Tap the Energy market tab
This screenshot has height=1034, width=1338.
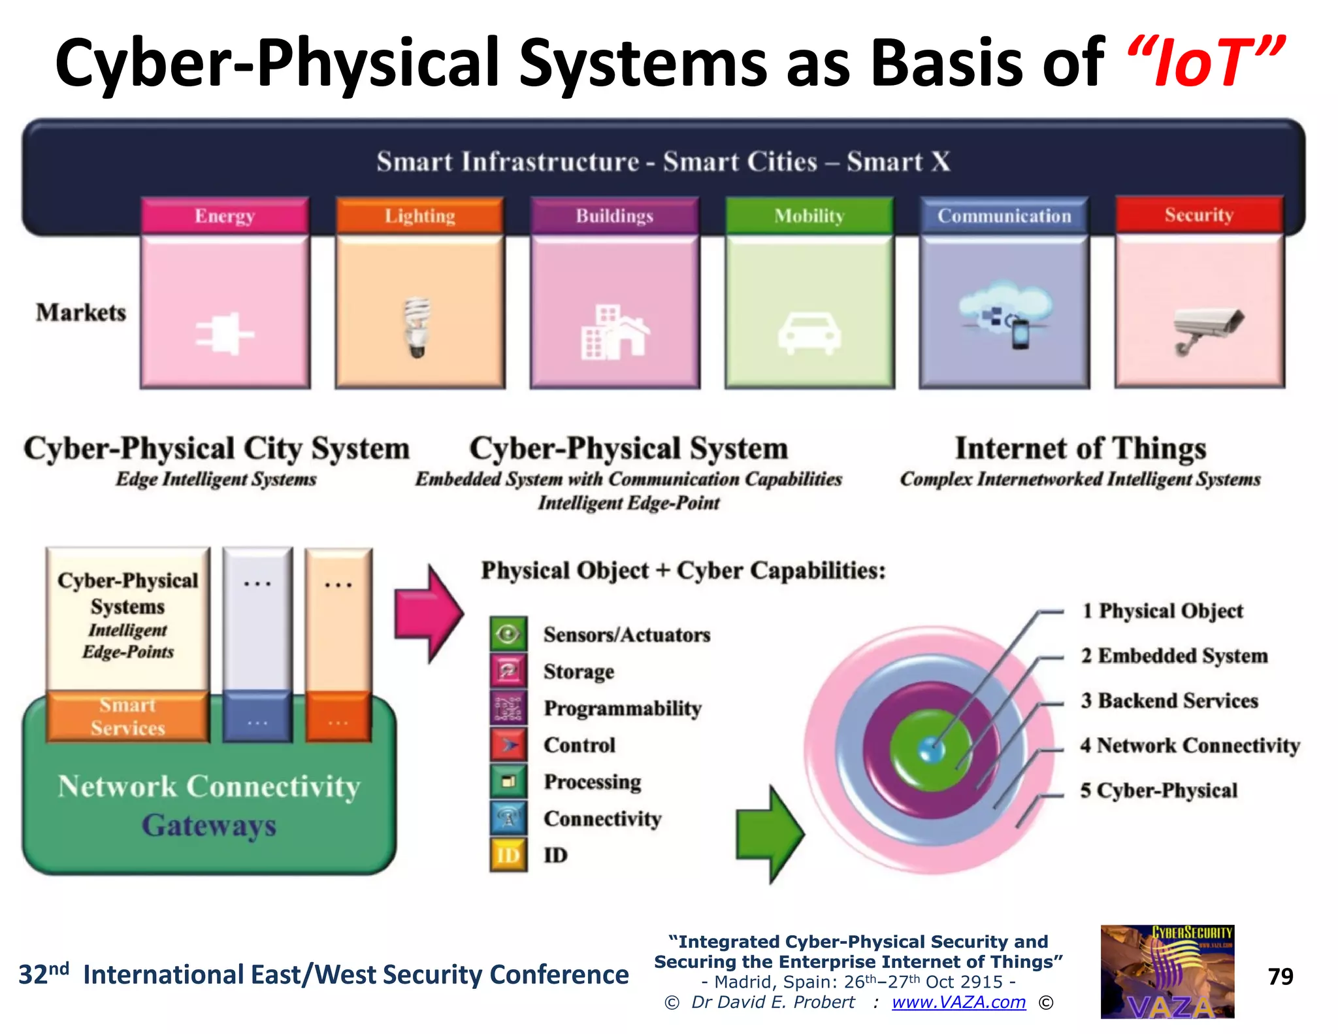(225, 216)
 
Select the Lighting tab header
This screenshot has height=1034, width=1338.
(419, 216)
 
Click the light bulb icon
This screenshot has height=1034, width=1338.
(417, 327)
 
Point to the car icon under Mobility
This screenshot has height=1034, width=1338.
(809, 333)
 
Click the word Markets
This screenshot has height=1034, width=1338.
(81, 312)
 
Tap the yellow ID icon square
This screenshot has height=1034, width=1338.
(508, 855)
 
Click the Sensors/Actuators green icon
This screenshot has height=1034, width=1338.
(508, 634)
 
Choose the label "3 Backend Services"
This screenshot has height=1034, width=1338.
(1169, 701)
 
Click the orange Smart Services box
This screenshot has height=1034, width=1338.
(128, 716)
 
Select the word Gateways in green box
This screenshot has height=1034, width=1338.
(209, 825)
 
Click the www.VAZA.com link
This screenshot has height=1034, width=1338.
(958, 1002)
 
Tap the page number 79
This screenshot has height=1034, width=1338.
(1280, 976)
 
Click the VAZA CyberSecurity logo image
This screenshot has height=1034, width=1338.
(1167, 971)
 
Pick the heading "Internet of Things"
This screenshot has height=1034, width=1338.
(1080, 448)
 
